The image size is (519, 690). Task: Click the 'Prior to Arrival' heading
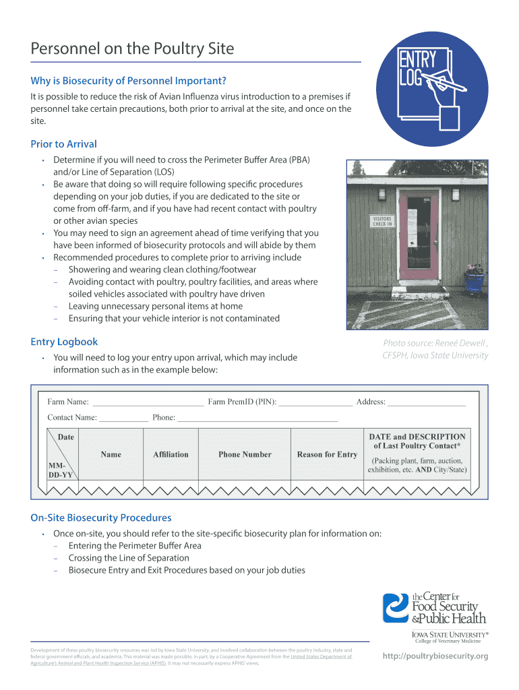point(63,144)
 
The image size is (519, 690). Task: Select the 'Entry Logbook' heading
point(64,342)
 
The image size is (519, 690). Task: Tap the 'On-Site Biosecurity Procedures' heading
point(101,517)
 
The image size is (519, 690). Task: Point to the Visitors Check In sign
point(382,222)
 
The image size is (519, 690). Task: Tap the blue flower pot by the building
point(474,279)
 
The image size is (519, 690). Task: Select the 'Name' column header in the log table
point(111,455)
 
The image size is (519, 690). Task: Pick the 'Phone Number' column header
point(245,455)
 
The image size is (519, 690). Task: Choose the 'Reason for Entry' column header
point(327,455)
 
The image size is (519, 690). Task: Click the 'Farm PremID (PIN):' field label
point(242,402)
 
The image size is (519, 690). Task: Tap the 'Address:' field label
point(371,402)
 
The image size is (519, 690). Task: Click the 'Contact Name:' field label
point(72,418)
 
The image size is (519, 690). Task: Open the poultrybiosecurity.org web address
point(435,656)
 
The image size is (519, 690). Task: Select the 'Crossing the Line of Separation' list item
point(129,558)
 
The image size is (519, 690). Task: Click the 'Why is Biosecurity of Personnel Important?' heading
point(128,81)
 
